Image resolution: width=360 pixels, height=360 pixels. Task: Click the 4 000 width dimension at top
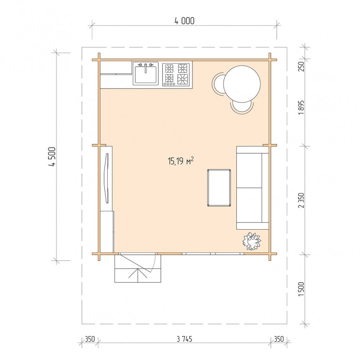(184, 21)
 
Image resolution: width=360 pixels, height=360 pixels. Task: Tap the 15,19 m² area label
(181, 161)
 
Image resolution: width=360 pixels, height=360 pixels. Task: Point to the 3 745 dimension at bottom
(184, 339)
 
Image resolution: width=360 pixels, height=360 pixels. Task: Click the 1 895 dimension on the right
(302, 107)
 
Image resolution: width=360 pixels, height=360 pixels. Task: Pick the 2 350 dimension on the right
(302, 200)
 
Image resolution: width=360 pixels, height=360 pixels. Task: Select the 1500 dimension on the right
(302, 289)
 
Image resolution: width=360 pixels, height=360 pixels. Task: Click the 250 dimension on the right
(302, 66)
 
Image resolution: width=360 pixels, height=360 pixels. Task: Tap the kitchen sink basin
(145, 75)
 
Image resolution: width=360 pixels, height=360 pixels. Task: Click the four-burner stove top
(176, 75)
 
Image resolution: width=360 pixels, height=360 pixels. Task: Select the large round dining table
(242, 84)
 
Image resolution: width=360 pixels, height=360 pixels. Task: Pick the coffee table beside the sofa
(219, 188)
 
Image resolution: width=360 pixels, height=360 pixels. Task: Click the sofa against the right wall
(253, 188)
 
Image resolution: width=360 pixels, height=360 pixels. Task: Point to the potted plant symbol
(252, 241)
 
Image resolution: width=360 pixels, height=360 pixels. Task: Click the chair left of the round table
(218, 84)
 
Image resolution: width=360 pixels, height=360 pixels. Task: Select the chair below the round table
(242, 107)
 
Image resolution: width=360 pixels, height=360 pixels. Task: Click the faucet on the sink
(145, 68)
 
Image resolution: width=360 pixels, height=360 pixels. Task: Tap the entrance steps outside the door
(138, 269)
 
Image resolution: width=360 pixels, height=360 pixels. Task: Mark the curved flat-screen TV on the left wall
(107, 178)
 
